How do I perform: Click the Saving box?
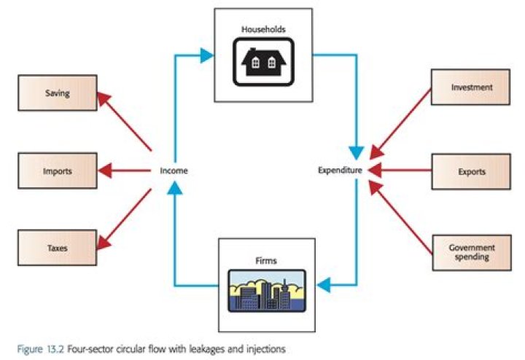[x=57, y=93]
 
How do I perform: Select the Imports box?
[x=57, y=172]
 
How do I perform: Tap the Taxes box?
[x=57, y=248]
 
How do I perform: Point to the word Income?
[x=174, y=171]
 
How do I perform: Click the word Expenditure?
[x=341, y=171]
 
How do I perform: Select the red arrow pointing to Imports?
[x=124, y=172]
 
